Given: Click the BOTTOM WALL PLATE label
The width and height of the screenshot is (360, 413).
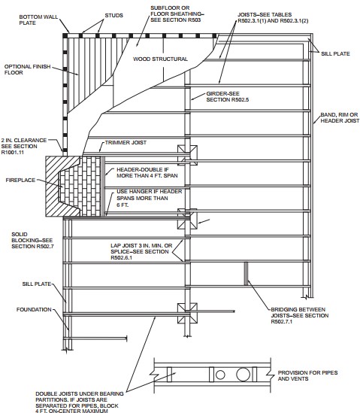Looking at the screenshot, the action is tap(38, 20).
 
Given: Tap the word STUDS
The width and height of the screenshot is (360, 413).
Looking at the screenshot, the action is tap(114, 16).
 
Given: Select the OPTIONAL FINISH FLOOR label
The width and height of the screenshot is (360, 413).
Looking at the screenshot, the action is tap(27, 69).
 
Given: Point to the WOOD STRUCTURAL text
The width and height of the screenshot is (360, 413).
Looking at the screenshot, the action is tap(160, 59).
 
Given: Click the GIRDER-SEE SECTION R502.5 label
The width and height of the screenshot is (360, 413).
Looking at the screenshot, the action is tap(228, 96).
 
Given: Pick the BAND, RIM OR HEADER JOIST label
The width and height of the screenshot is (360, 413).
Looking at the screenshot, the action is tap(340, 118).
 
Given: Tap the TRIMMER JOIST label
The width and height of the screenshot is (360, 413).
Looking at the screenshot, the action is tap(126, 142).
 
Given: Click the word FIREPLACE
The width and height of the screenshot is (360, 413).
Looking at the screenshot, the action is tap(20, 180).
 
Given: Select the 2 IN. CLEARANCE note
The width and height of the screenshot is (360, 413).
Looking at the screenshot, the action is tap(24, 146).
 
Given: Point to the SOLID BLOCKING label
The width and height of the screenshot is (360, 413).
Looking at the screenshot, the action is tap(32, 240).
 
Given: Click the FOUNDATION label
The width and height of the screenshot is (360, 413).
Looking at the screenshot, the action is tap(34, 309).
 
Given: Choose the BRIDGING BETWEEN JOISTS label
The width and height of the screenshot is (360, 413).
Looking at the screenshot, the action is tap(299, 315).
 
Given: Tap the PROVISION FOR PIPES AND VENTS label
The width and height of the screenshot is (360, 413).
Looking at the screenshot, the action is tap(307, 375).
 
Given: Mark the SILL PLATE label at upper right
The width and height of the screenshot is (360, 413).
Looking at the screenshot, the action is tap(335, 53).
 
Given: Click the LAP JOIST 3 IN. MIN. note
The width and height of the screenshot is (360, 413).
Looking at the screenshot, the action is tap(141, 251).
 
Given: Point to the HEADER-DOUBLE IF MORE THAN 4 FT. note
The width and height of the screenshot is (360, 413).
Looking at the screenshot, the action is tap(147, 172).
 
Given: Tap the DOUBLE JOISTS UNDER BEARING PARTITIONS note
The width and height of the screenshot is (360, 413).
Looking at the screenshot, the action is tap(80, 403).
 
